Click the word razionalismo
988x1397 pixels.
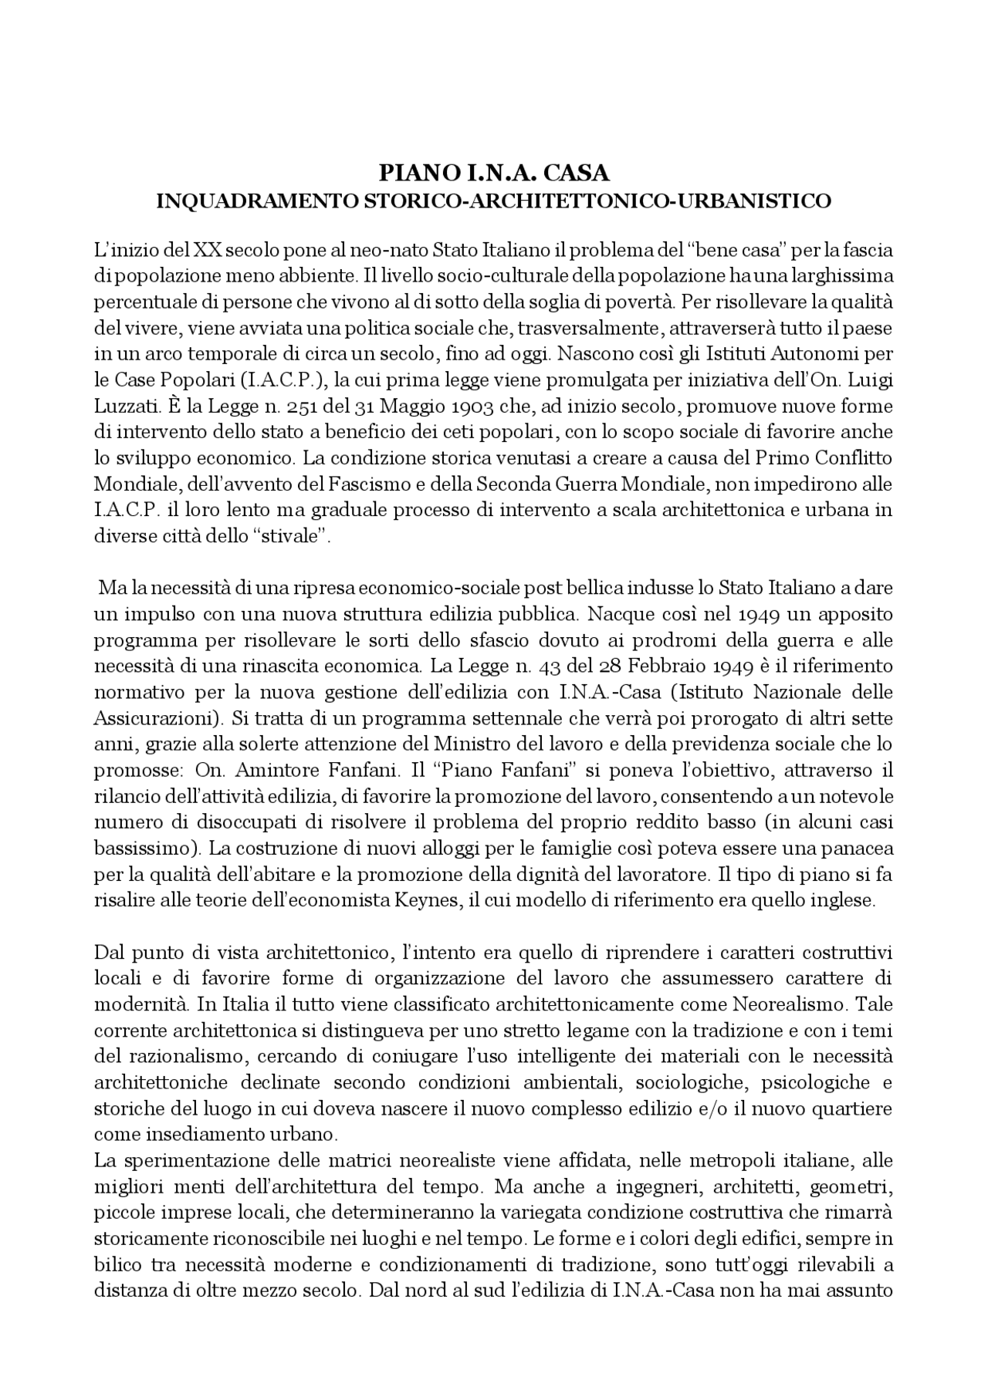(x=181, y=1057)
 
